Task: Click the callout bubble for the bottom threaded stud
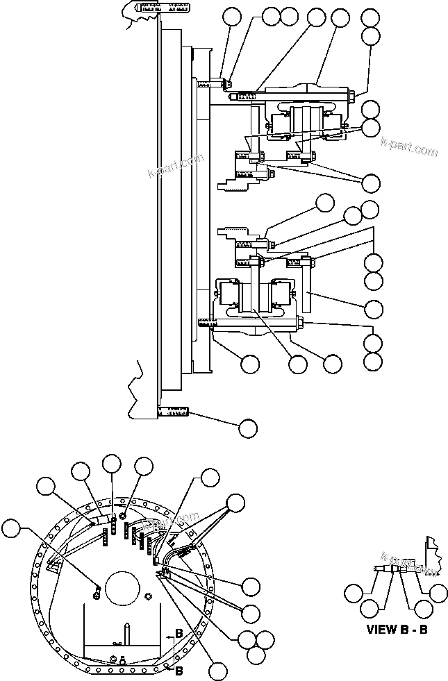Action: (247, 428)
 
